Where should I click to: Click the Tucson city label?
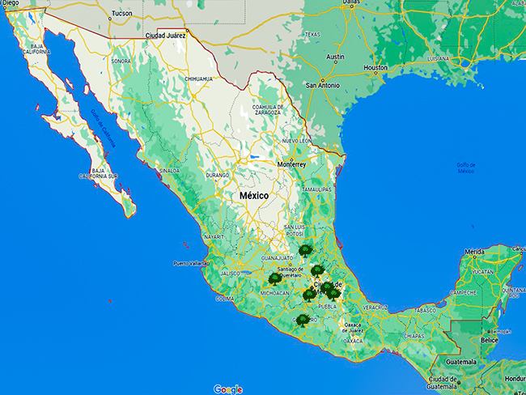click(x=121, y=13)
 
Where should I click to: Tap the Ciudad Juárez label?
click(x=165, y=36)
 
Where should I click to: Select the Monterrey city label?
click(x=291, y=164)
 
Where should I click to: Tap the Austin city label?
click(x=335, y=57)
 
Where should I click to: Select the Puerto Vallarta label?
click(x=191, y=264)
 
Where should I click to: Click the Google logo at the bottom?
click(x=227, y=389)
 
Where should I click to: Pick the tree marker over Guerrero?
click(x=302, y=321)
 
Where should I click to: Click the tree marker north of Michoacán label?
click(x=275, y=279)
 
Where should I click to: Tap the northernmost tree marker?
click(x=304, y=251)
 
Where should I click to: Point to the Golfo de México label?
click(x=465, y=168)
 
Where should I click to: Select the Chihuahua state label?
click(x=198, y=79)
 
